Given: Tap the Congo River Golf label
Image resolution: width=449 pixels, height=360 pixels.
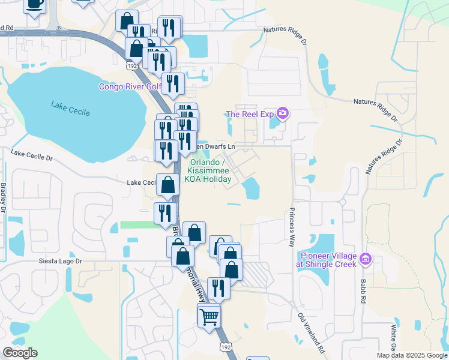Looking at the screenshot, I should coord(130,87).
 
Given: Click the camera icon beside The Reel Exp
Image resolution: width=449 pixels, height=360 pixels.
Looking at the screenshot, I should coord(283,113).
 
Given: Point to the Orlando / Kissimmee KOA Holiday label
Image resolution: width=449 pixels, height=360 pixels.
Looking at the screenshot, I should coord(211,170).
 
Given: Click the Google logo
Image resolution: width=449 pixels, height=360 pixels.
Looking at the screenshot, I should coord(20,353).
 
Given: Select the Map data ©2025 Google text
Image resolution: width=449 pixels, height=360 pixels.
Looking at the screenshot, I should coord(411,355).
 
